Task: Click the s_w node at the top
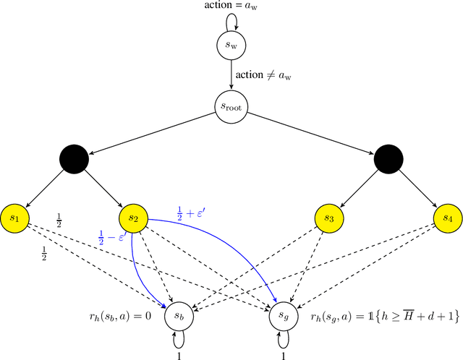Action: (x=231, y=47)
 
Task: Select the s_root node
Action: (x=231, y=107)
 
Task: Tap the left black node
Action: (x=75, y=158)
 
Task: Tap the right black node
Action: (x=388, y=158)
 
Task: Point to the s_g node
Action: (x=284, y=315)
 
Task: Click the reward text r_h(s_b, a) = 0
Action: (x=124, y=315)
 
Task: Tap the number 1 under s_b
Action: (x=179, y=354)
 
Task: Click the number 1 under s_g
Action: (x=284, y=354)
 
